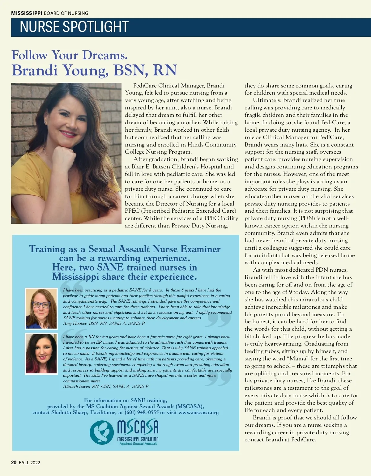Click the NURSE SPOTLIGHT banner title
click(74, 27)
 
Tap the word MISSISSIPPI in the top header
click(27, 13)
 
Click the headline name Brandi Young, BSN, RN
click(94, 70)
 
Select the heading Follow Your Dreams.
click(70, 55)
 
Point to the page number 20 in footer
click(14, 463)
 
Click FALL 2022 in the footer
click(29, 463)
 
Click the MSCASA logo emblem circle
click(102, 432)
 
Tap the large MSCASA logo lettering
click(138, 427)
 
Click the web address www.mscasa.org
click(198, 413)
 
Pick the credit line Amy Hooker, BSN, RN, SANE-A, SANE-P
click(104, 323)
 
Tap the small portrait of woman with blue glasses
click(41, 308)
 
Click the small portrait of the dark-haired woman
click(41, 354)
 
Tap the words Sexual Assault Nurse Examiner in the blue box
click(154, 249)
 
